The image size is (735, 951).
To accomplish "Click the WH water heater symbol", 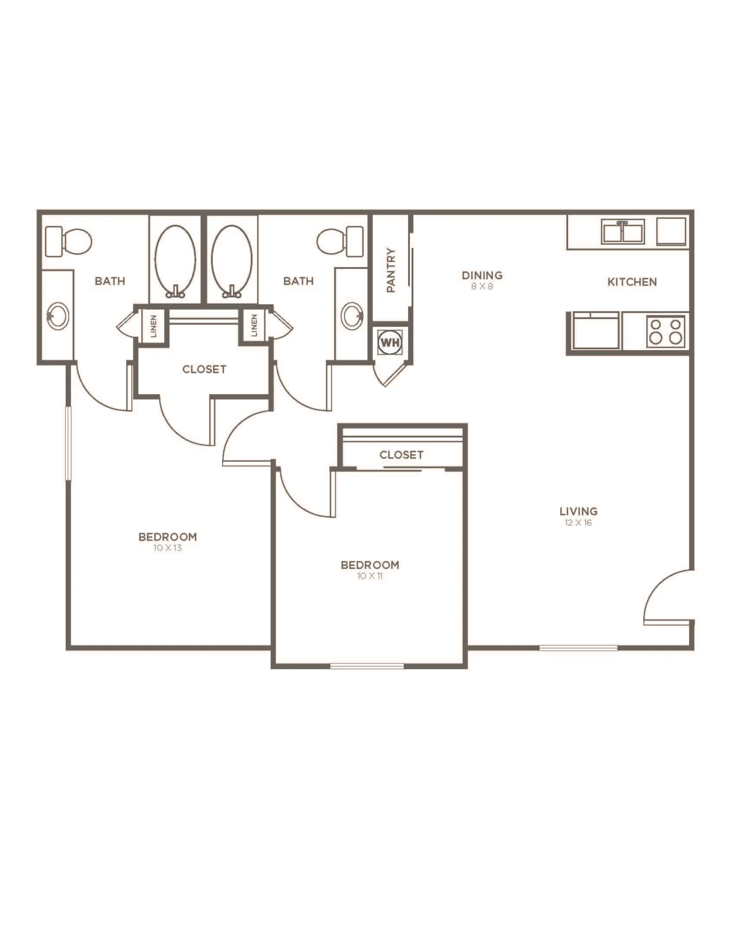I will (x=390, y=342).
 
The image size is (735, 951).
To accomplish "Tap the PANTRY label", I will (x=391, y=270).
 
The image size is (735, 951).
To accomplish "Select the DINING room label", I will (x=482, y=275).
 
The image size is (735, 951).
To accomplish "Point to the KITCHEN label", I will (x=632, y=282).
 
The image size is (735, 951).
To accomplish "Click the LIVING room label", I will (x=578, y=511).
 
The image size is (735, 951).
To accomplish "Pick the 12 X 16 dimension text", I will (x=578, y=523).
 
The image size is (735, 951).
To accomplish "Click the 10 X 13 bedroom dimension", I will (x=167, y=548).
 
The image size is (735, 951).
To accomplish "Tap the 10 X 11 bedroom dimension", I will (x=370, y=576).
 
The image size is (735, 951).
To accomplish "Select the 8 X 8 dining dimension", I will (x=482, y=287).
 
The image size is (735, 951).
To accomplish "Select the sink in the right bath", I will (x=352, y=316).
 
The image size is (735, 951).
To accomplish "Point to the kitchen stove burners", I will (x=665, y=332).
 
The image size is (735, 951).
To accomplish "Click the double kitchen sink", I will (x=623, y=231).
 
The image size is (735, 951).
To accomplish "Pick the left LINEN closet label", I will (x=153, y=326).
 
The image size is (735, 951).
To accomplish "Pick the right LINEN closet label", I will (x=254, y=325).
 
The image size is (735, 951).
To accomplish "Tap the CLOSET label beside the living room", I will (x=401, y=455).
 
